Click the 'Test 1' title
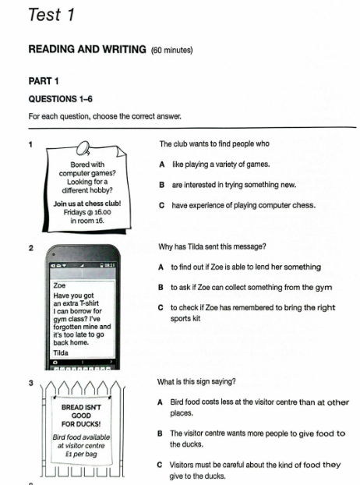click(51, 15)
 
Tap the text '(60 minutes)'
click(171, 50)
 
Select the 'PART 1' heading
click(44, 81)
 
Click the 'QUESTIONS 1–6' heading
click(61, 99)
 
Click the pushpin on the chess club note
click(83, 148)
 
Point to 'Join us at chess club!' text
click(87, 204)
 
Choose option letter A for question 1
click(162, 165)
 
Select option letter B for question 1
click(161, 185)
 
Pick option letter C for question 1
click(161, 205)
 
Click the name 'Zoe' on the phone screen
click(60, 285)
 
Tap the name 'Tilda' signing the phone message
click(61, 353)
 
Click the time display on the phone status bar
click(110, 265)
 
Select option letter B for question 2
click(161, 288)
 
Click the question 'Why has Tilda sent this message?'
click(212, 247)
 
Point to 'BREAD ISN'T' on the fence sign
click(81, 407)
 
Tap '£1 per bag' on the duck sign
click(81, 454)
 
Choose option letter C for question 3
click(160, 465)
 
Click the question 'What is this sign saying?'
click(196, 382)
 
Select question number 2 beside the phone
click(31, 248)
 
